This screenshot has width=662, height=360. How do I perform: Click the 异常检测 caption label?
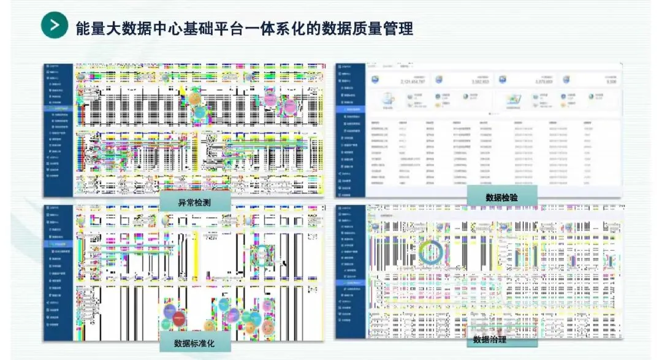pyautogui.click(x=195, y=202)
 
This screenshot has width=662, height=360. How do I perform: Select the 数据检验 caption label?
pyautogui.click(x=502, y=197)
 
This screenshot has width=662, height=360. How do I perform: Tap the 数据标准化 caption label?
pyautogui.click(x=194, y=342)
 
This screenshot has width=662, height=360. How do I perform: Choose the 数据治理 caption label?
pyautogui.click(x=490, y=339)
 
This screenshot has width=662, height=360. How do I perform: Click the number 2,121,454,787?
pyautogui.click(x=414, y=82)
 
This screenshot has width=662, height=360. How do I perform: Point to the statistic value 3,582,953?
pyautogui.click(x=480, y=82)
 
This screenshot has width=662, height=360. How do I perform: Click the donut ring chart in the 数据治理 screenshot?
pyautogui.click(x=431, y=251)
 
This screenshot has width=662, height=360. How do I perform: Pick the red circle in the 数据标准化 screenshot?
pyautogui.click(x=178, y=318)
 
